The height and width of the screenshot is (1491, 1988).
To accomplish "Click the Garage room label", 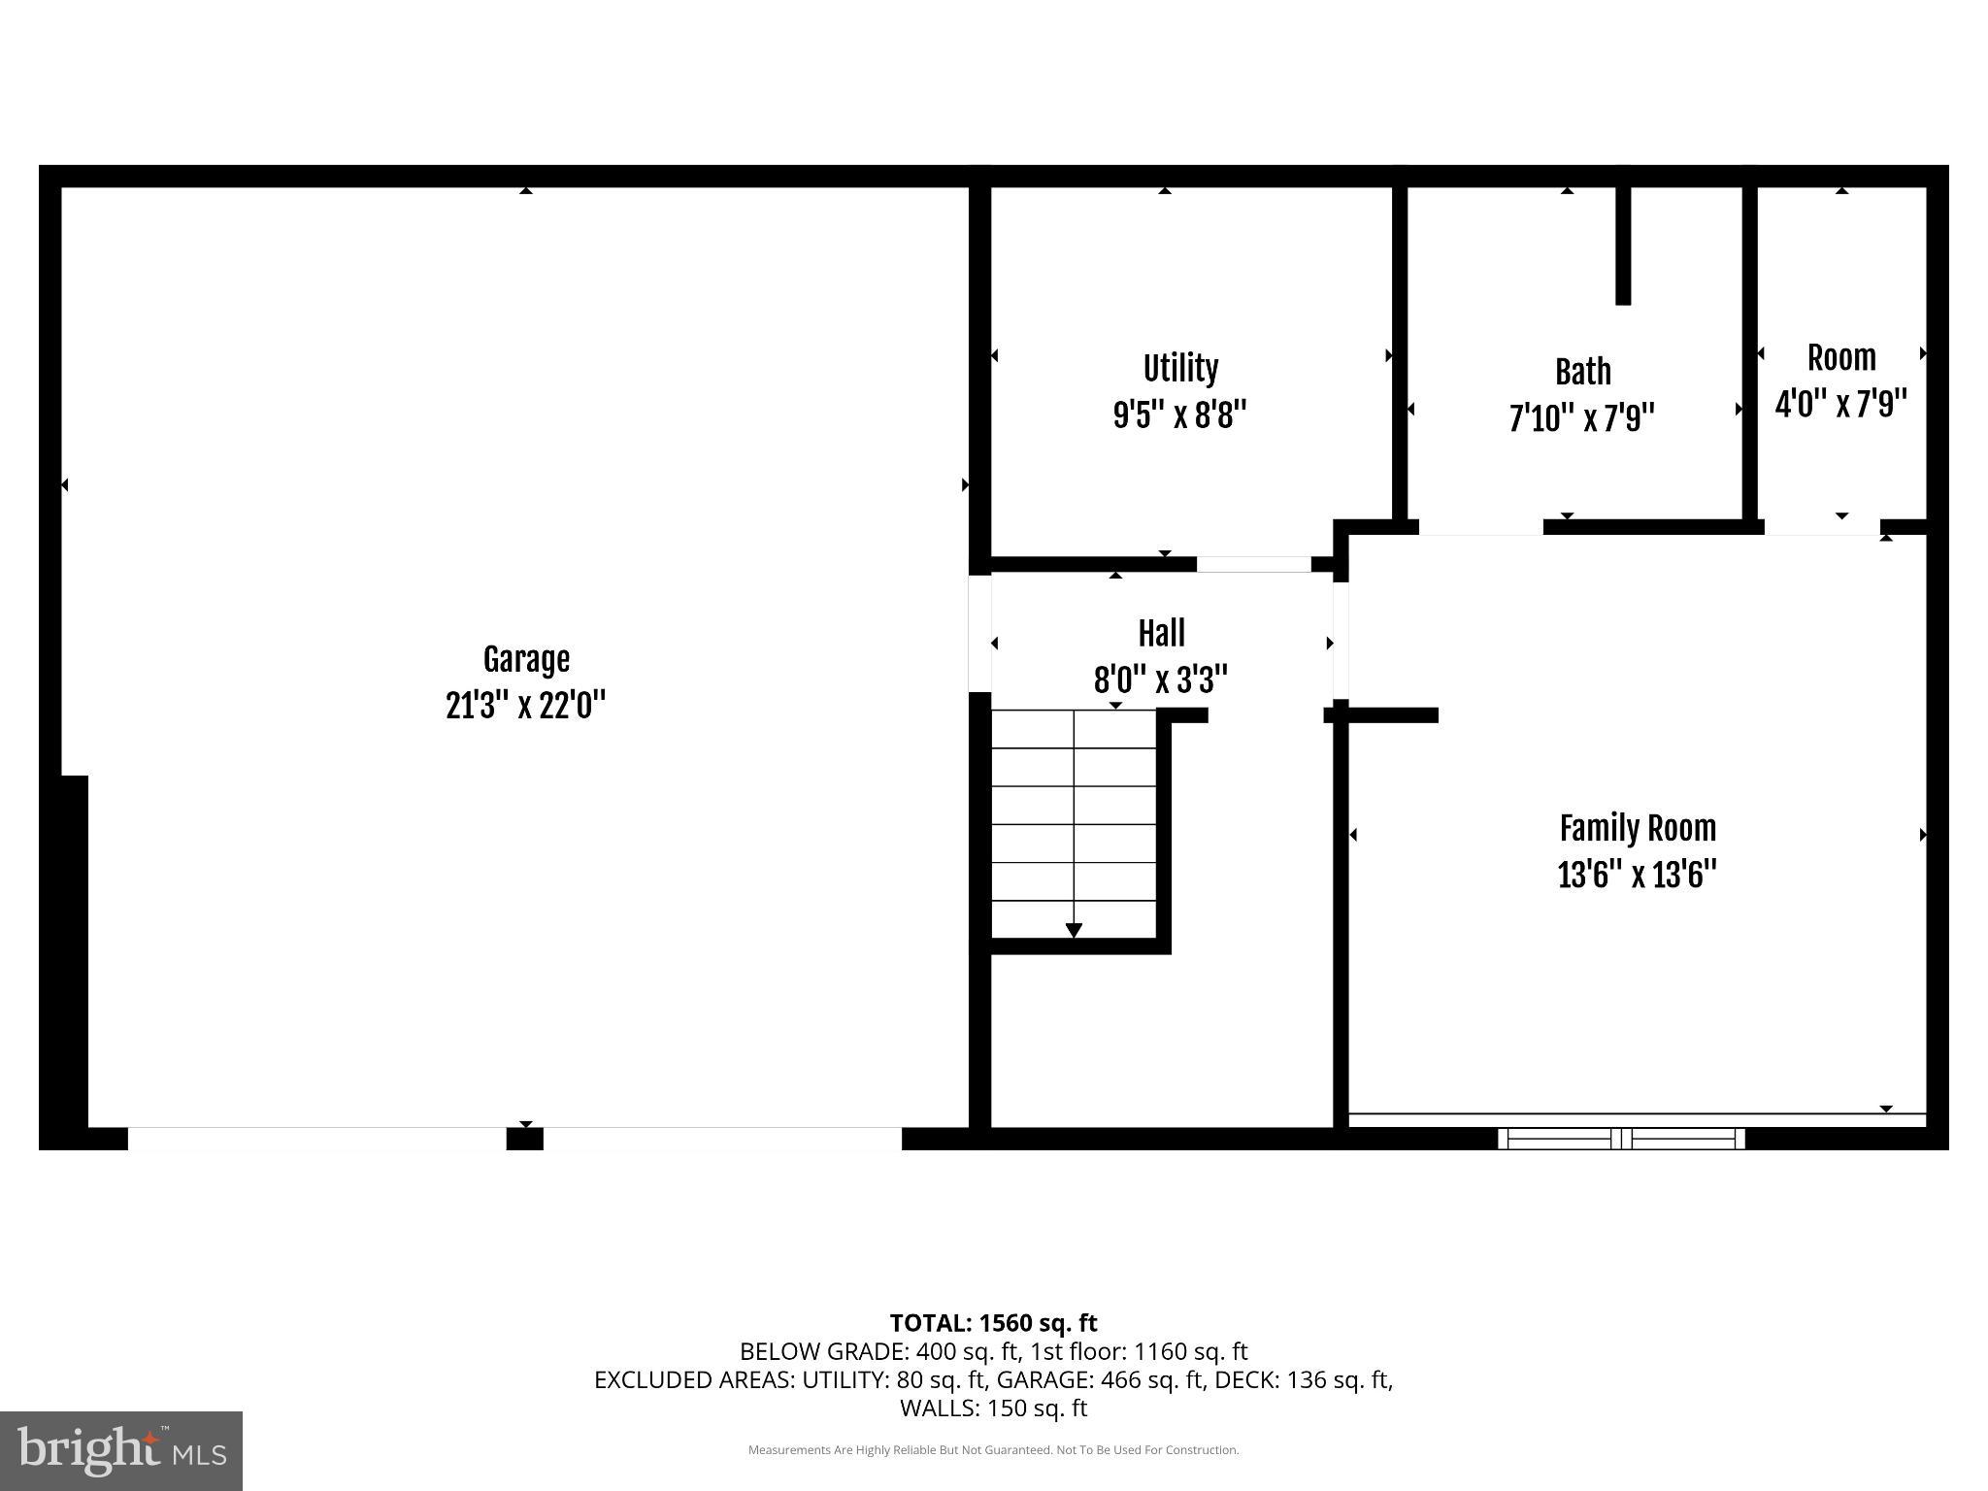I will tap(525, 660).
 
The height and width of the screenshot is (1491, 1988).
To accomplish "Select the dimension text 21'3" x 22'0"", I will tap(525, 706).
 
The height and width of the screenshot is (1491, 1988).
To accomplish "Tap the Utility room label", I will tap(1179, 369).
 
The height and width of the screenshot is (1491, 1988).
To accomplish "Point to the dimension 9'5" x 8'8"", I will tap(1179, 415).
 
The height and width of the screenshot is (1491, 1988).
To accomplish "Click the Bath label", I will tap(1582, 372).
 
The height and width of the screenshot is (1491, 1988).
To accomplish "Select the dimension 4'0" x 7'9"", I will tap(1840, 403).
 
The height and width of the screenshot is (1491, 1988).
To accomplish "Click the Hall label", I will tap(1161, 634).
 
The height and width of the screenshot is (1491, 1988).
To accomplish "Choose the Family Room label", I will tap(1638, 829).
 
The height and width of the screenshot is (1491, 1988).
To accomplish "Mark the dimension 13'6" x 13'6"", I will tap(1637, 876).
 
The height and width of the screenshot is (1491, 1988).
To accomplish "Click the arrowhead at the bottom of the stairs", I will tap(1074, 930).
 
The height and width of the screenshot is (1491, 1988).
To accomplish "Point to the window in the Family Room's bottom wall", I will tap(1621, 1139).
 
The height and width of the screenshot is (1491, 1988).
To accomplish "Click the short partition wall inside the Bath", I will tap(1622, 245).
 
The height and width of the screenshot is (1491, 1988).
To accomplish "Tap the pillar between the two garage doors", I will tap(524, 1139).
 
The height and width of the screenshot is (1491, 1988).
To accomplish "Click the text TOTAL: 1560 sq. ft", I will tap(993, 1323).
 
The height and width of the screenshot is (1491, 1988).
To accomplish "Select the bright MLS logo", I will tap(121, 1450).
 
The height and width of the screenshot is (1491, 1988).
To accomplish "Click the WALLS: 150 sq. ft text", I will tap(993, 1408).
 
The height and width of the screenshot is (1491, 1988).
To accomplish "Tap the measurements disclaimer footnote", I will tap(993, 1450).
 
